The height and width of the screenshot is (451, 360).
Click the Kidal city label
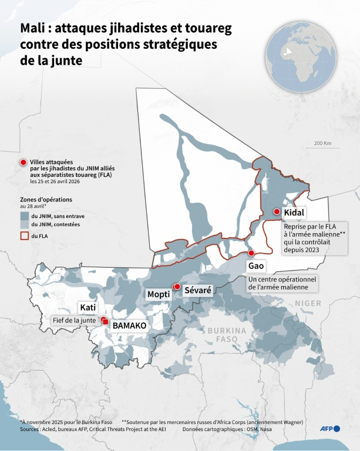click(x=294, y=213)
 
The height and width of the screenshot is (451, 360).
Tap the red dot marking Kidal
click(x=277, y=212)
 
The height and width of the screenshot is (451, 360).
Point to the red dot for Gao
click(x=251, y=253)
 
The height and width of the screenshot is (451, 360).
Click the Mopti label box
click(x=159, y=294)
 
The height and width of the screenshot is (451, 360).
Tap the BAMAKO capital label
click(x=129, y=325)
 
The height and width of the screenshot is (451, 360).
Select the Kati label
click(x=88, y=308)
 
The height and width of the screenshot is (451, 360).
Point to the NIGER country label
click(x=308, y=303)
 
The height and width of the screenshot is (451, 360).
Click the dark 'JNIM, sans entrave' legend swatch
click(x=24, y=216)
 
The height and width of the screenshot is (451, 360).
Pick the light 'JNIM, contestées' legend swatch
click(x=24, y=224)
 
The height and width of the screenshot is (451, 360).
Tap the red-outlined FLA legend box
click(x=24, y=235)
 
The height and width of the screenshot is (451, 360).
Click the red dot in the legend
click(x=23, y=162)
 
